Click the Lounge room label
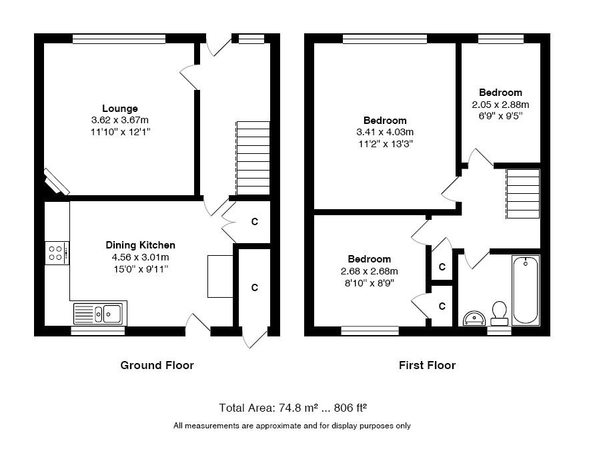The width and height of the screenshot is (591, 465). [x=120, y=109]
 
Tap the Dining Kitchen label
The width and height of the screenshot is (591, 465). [x=140, y=245]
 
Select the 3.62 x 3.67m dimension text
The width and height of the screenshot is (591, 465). [x=120, y=120]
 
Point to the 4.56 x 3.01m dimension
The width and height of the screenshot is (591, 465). [x=140, y=258]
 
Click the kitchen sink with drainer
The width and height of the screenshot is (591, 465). [x=100, y=313]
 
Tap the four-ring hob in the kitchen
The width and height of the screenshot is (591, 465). [x=57, y=252]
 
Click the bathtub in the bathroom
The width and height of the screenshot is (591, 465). [x=526, y=290]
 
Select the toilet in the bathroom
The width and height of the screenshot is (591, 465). [x=500, y=313]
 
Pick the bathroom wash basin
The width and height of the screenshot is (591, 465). [x=474, y=318]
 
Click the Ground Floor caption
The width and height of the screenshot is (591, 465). [x=157, y=365]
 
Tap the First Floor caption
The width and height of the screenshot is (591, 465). [x=427, y=365]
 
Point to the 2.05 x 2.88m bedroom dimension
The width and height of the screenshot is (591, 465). [x=500, y=105]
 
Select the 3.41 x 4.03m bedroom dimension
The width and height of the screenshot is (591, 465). [x=385, y=132]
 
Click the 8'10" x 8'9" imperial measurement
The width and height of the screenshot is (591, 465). [x=370, y=283]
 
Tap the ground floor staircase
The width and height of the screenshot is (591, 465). [x=253, y=158]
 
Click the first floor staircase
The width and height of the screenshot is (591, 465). [x=523, y=194]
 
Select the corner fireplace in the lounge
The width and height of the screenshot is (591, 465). [x=56, y=181]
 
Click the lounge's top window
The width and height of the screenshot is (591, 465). [x=119, y=39]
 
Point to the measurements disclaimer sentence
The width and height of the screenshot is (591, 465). [x=292, y=426]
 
